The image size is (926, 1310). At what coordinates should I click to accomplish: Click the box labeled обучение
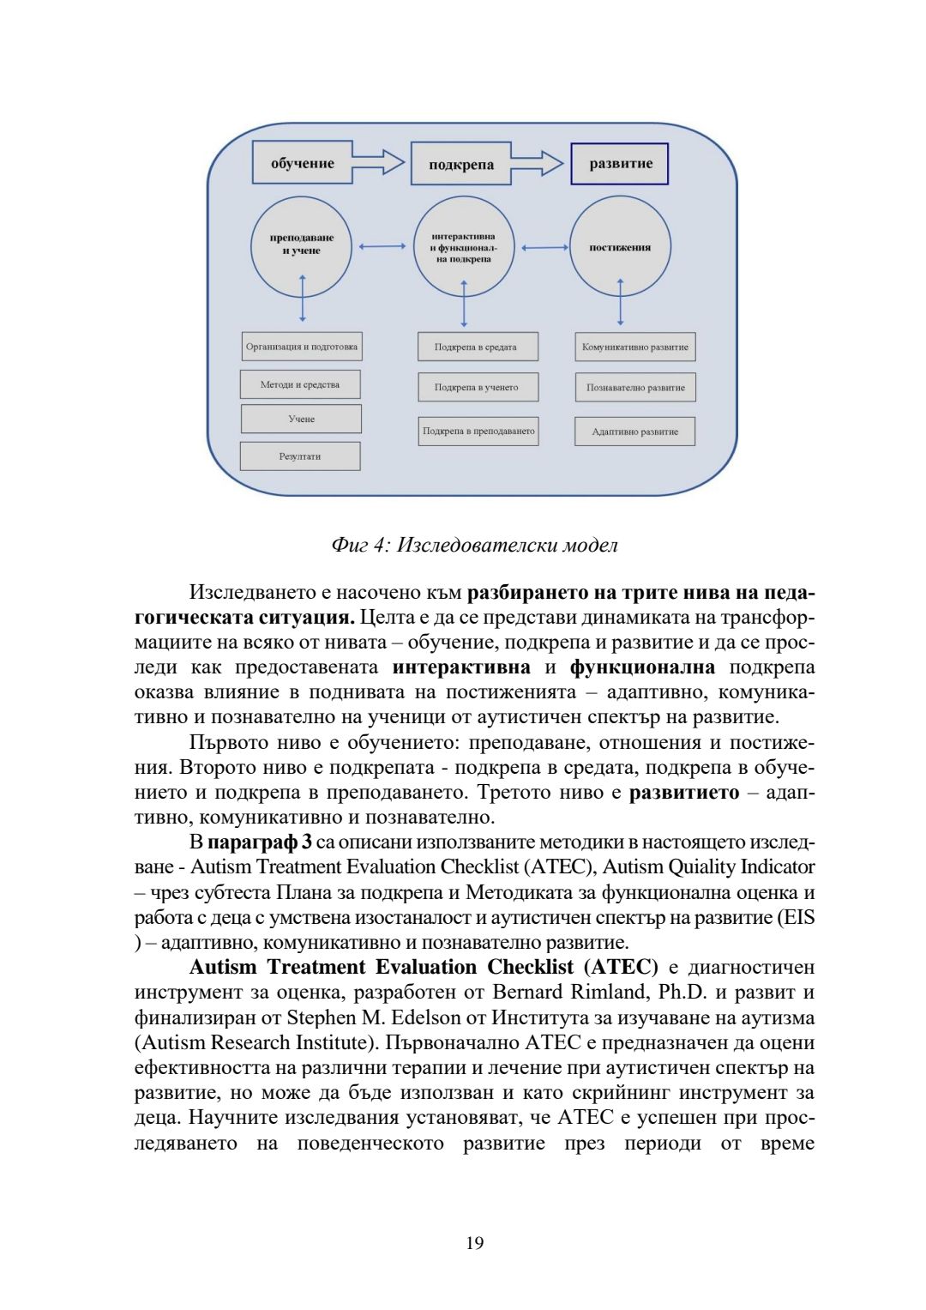coord(302,163)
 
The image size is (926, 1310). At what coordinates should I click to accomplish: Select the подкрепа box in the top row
coord(461,164)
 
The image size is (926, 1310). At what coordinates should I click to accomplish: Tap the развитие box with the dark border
coord(620,164)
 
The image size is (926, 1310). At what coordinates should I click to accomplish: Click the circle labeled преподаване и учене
coord(302,244)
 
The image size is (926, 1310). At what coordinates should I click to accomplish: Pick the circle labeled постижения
coord(620,247)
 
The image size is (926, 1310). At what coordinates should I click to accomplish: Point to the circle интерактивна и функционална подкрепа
coord(464,247)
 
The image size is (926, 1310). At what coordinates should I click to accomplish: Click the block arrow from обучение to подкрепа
coord(379,162)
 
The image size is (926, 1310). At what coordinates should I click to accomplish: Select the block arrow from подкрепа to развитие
coord(538,162)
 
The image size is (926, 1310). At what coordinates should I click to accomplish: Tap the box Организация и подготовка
coord(301,347)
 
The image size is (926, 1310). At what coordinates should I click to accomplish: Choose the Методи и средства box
coord(300,384)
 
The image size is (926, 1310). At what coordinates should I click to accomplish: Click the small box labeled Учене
coord(301,419)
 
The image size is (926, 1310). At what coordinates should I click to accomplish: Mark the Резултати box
coord(300,456)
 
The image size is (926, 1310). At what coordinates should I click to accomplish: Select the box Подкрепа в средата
coord(476,347)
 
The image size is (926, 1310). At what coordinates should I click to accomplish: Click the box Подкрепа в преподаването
coord(478,431)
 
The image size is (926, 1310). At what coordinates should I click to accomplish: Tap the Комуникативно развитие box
coord(635,347)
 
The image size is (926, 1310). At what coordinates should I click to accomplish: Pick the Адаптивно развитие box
coord(635,432)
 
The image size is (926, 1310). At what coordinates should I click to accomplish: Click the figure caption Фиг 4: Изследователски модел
coord(474,545)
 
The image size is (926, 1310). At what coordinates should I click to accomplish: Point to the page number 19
coord(474,1242)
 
